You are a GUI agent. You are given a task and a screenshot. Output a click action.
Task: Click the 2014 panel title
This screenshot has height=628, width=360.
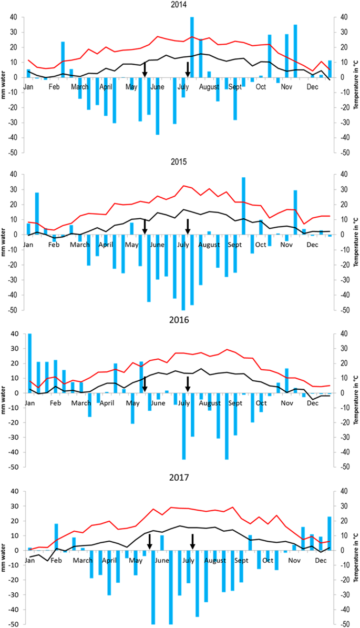[180, 6]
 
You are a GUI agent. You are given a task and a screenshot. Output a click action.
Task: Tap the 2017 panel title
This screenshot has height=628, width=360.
[180, 478]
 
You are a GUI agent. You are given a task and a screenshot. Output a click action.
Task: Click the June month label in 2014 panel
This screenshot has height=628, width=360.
[157, 87]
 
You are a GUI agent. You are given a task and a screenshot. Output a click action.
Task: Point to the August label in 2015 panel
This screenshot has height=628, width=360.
[209, 245]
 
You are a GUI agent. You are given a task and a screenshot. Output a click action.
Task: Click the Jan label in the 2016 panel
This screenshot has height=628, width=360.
[29, 403]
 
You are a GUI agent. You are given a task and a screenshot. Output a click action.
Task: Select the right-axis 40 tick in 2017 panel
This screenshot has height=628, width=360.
[344, 491]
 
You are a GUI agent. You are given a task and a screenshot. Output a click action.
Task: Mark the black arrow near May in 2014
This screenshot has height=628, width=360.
[145, 69]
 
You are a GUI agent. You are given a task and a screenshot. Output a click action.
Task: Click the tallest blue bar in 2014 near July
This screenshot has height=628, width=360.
[192, 47]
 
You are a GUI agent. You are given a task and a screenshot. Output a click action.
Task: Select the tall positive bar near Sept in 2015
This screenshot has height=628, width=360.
[243, 206]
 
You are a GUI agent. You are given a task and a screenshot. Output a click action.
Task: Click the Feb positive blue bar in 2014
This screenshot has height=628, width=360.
[63, 59]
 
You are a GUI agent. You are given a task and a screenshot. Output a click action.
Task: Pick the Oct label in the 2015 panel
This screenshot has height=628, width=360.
[261, 245]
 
